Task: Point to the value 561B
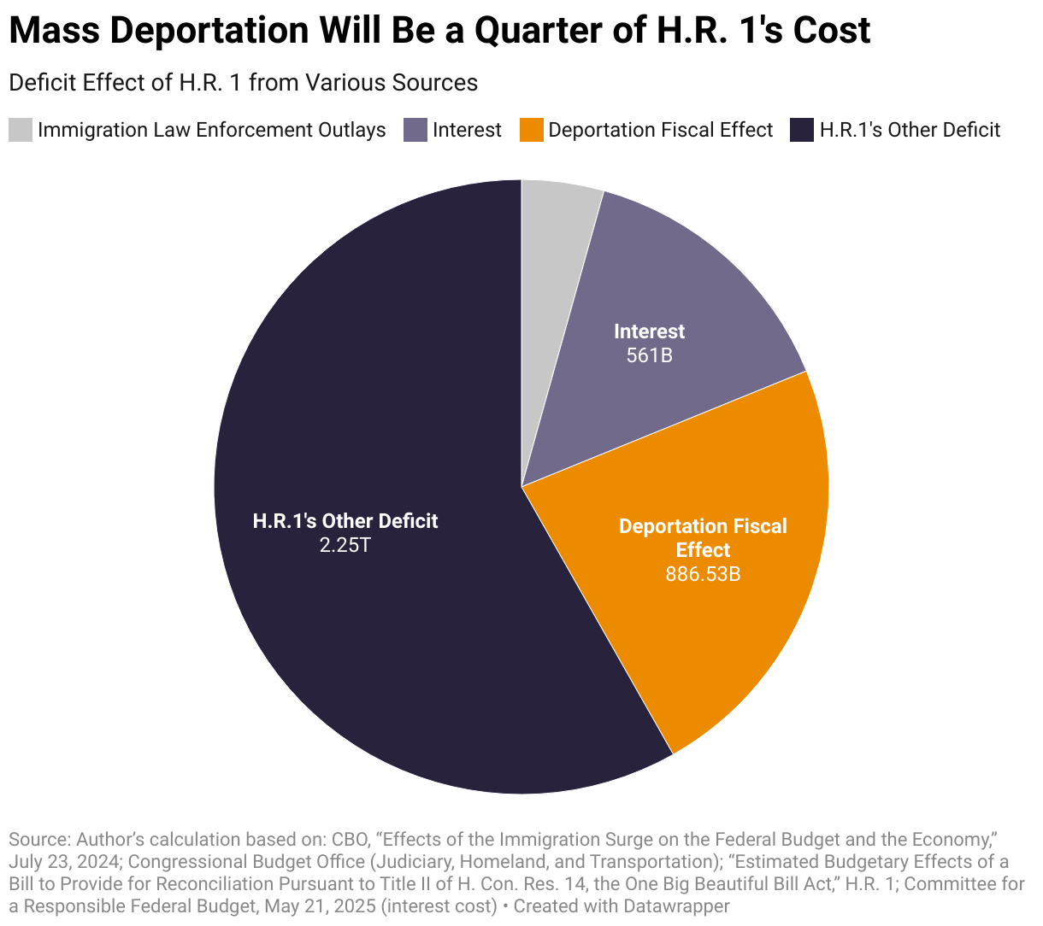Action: pos(649,355)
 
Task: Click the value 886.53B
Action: pos(703,574)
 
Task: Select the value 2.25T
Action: pos(345,545)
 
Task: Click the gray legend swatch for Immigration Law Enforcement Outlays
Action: pos(21,130)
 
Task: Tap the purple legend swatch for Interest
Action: pos(415,130)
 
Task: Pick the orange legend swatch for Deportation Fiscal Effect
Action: pos(531,130)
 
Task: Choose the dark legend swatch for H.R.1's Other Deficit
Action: pos(802,130)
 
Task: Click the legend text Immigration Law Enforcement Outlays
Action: pos(211,130)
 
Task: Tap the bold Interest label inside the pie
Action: pos(649,331)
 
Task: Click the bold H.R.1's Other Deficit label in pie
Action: pos(345,521)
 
